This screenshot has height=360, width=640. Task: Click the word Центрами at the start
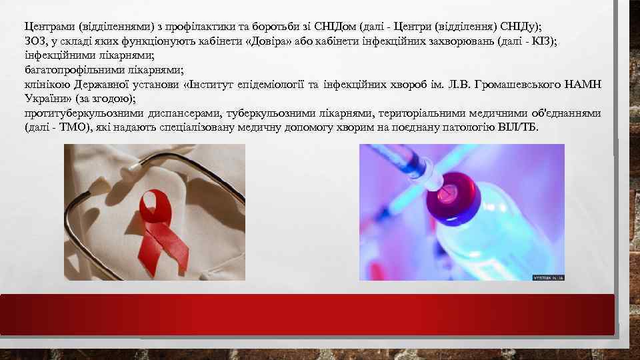point(49,27)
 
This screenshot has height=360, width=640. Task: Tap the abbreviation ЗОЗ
point(35,41)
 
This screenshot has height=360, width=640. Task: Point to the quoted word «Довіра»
point(272,41)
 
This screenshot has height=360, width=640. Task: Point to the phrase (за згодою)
point(105,98)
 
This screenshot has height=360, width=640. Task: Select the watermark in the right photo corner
point(547,276)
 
